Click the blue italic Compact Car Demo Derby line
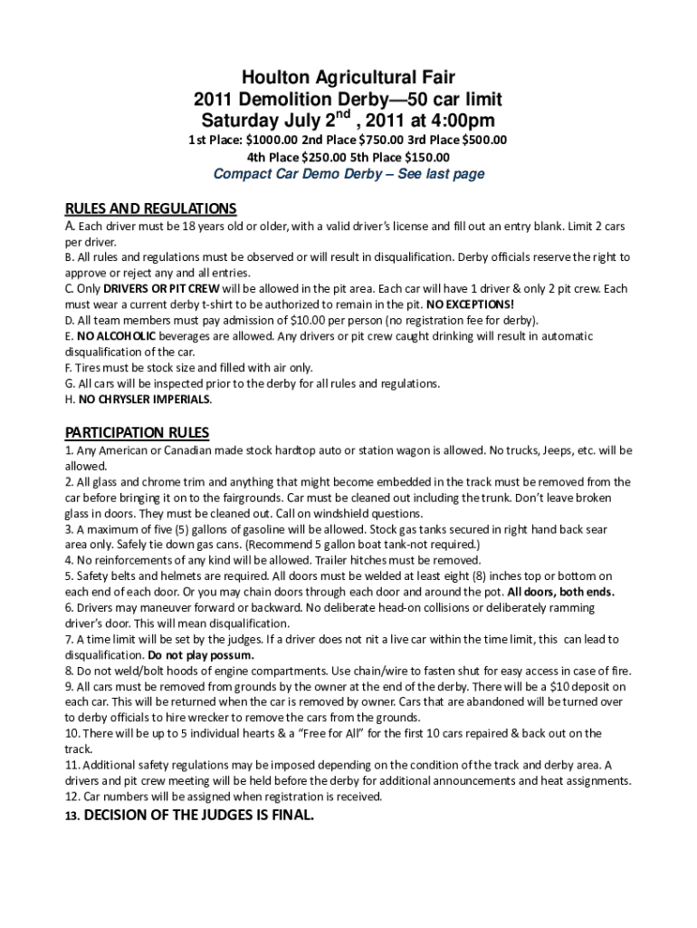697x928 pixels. tap(348, 174)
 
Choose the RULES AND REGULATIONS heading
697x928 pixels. tap(151, 208)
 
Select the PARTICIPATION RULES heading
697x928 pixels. tap(137, 432)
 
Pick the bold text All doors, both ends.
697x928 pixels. tap(561, 592)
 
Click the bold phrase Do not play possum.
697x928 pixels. tap(201, 654)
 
